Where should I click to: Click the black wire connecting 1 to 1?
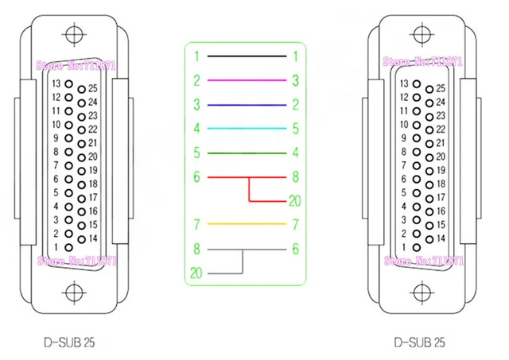(x=247, y=56)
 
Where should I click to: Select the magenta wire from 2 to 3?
(x=247, y=80)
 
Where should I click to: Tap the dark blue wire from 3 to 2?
(x=247, y=104)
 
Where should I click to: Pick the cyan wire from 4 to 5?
(x=247, y=128)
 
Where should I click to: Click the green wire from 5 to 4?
(x=247, y=152)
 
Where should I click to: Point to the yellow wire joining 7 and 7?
(x=247, y=225)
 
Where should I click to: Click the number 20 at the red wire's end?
(x=295, y=200)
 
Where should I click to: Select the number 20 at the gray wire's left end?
(x=196, y=273)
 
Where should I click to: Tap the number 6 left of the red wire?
(x=196, y=176)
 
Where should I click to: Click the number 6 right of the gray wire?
(x=295, y=249)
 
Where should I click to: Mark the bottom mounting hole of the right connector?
(x=418, y=290)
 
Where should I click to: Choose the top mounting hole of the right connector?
(x=418, y=35)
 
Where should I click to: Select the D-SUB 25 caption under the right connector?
(x=418, y=343)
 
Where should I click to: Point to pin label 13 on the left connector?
(x=56, y=83)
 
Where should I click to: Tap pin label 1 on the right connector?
(x=402, y=248)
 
